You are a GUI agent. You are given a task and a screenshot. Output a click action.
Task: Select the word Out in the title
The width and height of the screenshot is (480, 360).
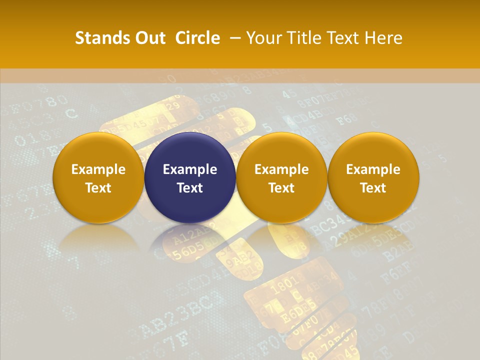tap(149, 38)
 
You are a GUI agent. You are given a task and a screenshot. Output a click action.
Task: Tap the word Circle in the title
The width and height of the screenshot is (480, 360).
tap(197, 38)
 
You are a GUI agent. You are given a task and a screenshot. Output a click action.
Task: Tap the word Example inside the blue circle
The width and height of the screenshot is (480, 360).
tap(190, 169)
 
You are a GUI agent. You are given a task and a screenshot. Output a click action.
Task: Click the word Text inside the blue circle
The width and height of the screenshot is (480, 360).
tap(190, 188)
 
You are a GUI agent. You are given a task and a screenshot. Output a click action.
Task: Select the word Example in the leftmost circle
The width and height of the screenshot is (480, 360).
tap(98, 169)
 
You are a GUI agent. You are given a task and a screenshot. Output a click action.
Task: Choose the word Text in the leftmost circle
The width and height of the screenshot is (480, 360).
tap(98, 188)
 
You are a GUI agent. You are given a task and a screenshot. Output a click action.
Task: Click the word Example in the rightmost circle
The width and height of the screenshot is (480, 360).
tap(373, 169)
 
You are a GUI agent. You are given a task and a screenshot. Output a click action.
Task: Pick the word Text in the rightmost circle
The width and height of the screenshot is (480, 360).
tap(373, 188)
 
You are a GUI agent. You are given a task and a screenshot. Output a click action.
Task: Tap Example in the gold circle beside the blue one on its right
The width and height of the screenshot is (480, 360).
tap(281, 169)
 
